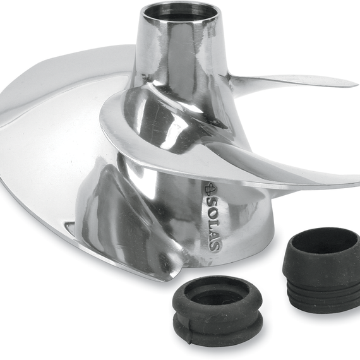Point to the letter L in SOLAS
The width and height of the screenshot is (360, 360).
coord(212,223)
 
